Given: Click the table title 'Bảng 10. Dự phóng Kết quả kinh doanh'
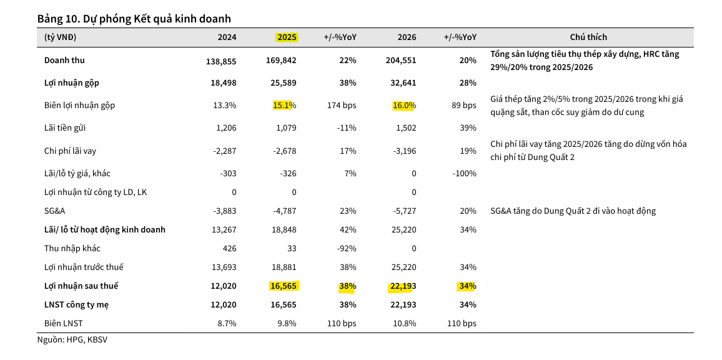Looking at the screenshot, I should pos(134,19).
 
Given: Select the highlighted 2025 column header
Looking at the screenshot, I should pos(287,37).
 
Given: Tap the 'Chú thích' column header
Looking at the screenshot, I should pos(588,37).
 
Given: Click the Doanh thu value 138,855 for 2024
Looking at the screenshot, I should pos(221,61).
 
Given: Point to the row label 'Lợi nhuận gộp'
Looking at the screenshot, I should pos(71,82).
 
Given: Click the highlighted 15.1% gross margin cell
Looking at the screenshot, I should pos(284,105).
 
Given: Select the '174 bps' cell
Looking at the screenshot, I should pos(341,105).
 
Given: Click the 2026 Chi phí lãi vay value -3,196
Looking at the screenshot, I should pos(402,151).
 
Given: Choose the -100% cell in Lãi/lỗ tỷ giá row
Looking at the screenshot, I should pos(463,173).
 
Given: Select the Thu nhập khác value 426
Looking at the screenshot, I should pos(229,248).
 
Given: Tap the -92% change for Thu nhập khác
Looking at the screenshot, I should pos(346,248).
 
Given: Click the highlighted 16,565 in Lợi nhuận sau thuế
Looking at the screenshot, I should pos(284,286).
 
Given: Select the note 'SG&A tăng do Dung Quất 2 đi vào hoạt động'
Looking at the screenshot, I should pos(573,211).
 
